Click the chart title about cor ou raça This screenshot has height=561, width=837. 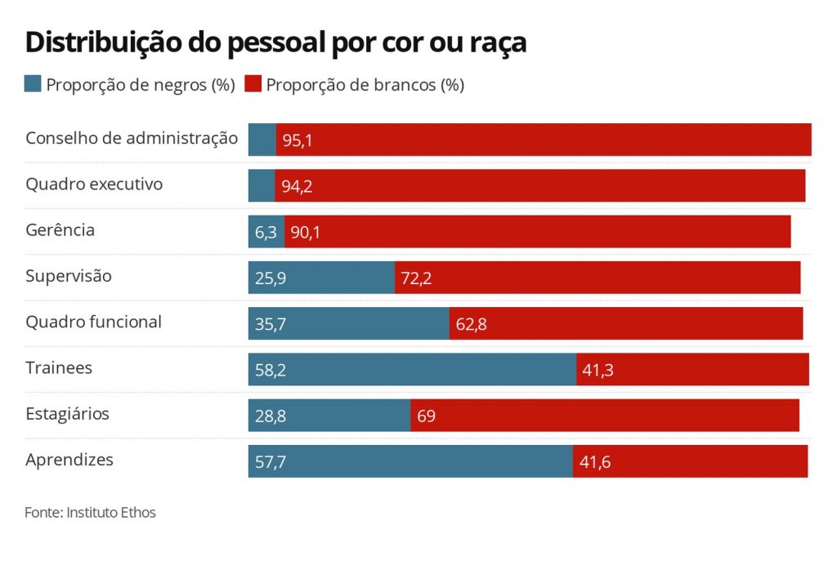pos(275,42)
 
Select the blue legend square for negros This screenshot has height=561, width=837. pos(33,84)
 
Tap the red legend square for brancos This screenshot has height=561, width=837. pos(253,84)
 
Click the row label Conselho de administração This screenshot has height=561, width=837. pos(132,138)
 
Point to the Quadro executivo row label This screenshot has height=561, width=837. pos(94,184)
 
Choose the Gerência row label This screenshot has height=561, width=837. pos(60,229)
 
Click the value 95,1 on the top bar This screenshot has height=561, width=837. pos(298,140)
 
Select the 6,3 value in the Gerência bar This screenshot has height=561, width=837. pos(266,233)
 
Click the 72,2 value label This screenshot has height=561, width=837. pos(415,278)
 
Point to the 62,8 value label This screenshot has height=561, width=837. pos(472,324)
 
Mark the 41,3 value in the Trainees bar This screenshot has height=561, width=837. pos(598,370)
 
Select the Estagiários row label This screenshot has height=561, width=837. pos(67,413)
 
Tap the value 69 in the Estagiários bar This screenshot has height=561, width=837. pos(426,416)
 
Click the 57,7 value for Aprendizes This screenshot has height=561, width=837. pos(271,462)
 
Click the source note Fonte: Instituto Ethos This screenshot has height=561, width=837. pos(90,513)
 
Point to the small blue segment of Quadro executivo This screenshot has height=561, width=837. pos(262,185)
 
